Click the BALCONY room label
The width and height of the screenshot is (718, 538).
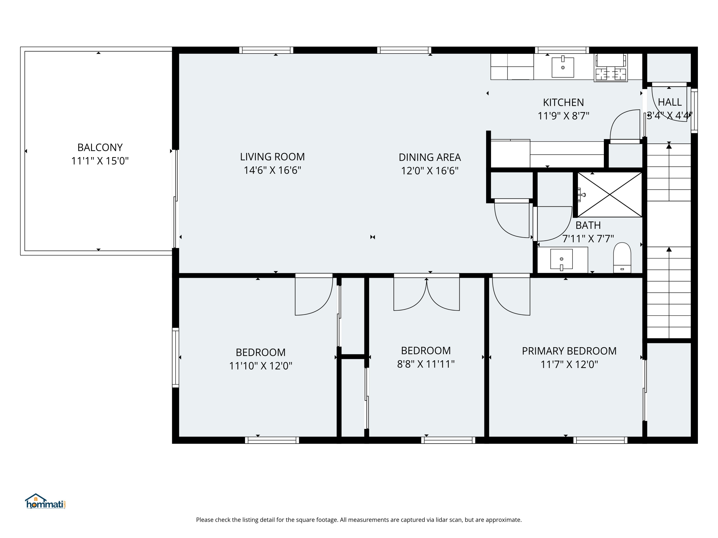(100, 148)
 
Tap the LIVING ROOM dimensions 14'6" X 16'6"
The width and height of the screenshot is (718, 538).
(272, 170)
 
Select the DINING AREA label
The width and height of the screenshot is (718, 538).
(430, 157)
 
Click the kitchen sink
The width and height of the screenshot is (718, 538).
(563, 67)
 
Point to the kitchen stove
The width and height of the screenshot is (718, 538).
(611, 67)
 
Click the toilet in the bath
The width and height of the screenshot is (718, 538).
(622, 258)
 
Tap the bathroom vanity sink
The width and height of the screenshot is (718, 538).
(561, 260)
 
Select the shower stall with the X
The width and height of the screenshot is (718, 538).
(610, 195)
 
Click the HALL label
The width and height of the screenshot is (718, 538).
(670, 102)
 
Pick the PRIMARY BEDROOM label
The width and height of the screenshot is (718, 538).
(569, 351)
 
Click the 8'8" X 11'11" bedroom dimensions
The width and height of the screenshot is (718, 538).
(426, 364)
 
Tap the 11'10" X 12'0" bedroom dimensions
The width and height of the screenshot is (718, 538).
(261, 366)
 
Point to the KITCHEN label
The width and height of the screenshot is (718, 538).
(563, 103)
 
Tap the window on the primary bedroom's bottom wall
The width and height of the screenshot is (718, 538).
(600, 440)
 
